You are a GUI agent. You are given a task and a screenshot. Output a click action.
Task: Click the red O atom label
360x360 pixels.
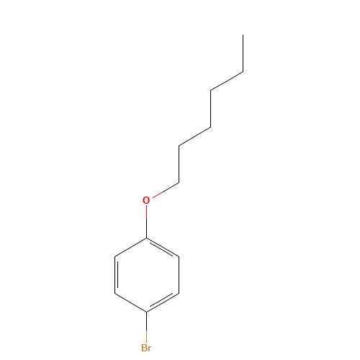146,200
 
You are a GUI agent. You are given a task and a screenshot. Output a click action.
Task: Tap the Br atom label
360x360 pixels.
146,348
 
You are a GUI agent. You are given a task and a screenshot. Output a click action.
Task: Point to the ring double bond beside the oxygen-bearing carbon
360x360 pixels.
163,248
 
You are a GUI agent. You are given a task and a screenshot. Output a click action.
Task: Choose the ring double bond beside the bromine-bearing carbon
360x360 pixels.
163,302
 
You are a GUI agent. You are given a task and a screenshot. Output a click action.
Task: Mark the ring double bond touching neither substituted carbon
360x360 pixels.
116,275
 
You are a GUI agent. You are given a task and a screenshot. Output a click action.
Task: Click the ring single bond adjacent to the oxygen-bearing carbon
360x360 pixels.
130,247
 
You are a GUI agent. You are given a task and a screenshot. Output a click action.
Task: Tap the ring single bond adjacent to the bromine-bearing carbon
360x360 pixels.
130,302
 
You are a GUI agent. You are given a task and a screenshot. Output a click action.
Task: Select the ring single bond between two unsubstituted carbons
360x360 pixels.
179,275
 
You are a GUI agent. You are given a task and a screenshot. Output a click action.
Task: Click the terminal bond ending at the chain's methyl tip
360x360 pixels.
243,53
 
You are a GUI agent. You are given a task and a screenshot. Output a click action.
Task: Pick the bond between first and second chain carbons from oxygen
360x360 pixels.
179,164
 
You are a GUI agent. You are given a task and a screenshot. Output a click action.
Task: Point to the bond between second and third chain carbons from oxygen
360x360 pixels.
194,136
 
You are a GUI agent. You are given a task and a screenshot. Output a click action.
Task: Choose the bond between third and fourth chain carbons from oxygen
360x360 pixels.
211,109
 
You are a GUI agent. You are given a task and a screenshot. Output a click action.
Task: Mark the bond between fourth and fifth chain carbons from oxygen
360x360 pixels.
227,81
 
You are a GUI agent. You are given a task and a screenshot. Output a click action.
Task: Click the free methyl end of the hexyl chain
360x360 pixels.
243,35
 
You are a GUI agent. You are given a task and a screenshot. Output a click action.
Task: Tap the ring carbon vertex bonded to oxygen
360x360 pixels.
147,238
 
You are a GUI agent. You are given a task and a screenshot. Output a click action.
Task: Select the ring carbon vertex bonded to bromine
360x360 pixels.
147,312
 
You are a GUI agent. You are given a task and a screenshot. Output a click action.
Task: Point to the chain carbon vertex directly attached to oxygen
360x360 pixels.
179,183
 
